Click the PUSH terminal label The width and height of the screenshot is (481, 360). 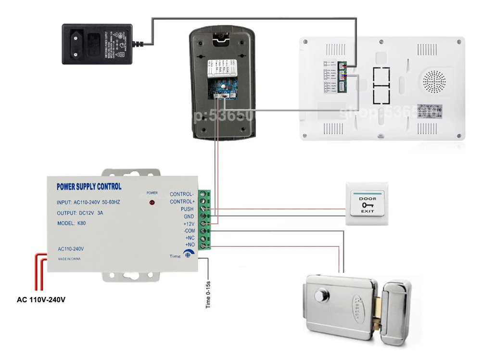[187, 209]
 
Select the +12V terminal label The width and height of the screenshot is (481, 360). [188, 224]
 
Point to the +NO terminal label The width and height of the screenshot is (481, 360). [189, 245]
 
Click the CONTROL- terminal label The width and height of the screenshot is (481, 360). [182, 194]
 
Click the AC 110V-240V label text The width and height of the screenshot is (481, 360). [41, 299]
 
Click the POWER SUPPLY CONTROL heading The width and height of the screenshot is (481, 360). [89, 187]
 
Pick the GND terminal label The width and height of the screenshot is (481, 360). [189, 217]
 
